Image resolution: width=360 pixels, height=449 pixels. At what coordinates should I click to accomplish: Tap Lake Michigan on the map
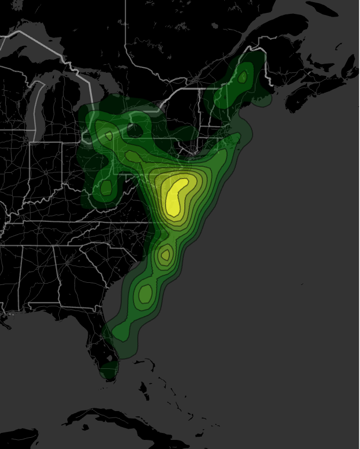(37, 107)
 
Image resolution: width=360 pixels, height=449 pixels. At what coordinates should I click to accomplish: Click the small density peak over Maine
(243, 78)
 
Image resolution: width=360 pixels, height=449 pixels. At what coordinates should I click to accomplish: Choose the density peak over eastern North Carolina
(166, 254)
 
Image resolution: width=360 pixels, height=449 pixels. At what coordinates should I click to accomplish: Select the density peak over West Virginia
(106, 187)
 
